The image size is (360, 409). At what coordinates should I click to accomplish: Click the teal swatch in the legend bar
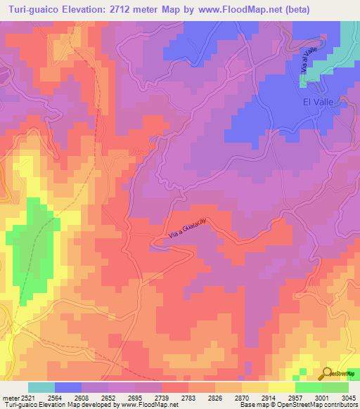(41, 387)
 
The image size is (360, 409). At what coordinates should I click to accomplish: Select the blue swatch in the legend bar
(68, 387)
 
